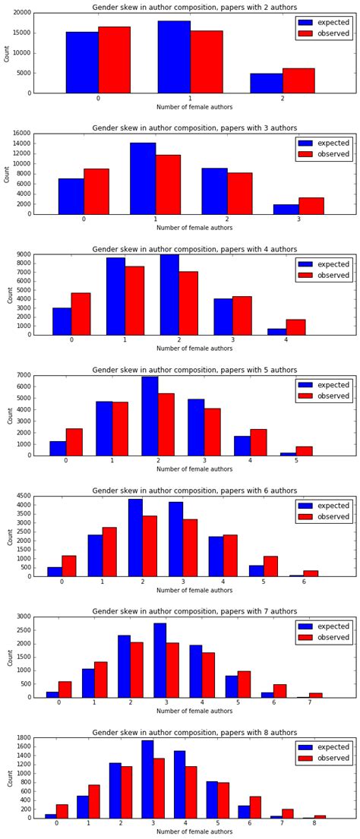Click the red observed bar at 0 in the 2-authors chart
[x=114, y=60]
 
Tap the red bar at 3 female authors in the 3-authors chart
[x=311, y=206]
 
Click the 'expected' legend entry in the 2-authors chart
[x=323, y=23]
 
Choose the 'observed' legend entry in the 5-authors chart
[x=323, y=396]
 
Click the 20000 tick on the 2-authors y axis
[x=22, y=14]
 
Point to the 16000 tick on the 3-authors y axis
[x=22, y=134]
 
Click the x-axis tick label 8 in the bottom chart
[x=314, y=824]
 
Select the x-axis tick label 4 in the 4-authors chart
[x=286, y=340]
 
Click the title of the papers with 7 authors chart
[x=194, y=611]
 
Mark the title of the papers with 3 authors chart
[x=194, y=128]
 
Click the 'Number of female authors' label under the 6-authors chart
[x=194, y=590]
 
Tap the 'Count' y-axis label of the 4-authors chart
[x=8, y=295]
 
